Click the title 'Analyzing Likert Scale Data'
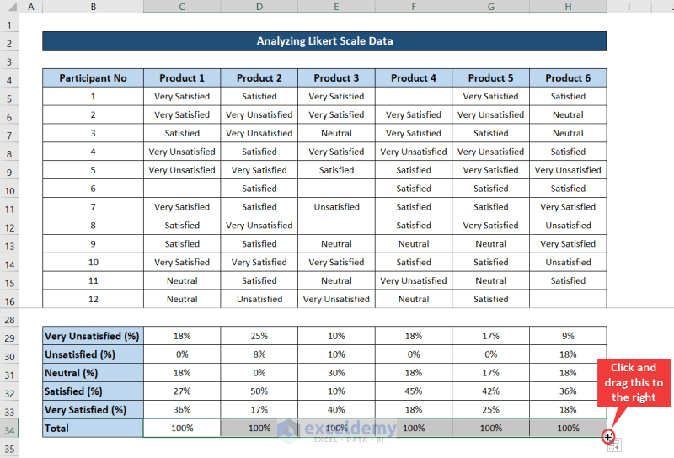point(324,40)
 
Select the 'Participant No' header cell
point(93,78)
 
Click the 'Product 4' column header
point(413,78)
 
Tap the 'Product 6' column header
point(568,78)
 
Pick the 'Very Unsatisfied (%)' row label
point(93,336)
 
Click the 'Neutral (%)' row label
point(93,373)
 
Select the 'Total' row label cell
point(93,428)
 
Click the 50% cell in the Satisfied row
point(259,391)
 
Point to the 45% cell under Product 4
point(413,391)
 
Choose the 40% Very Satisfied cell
point(336,410)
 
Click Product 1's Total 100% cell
point(182,428)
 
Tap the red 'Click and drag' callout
point(634,382)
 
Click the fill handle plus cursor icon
point(608,437)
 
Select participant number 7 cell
point(93,207)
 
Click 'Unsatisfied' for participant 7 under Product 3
point(336,207)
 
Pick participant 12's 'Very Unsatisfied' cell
point(336,299)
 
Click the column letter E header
point(336,7)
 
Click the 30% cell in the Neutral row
point(336,373)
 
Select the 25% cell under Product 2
point(259,336)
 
